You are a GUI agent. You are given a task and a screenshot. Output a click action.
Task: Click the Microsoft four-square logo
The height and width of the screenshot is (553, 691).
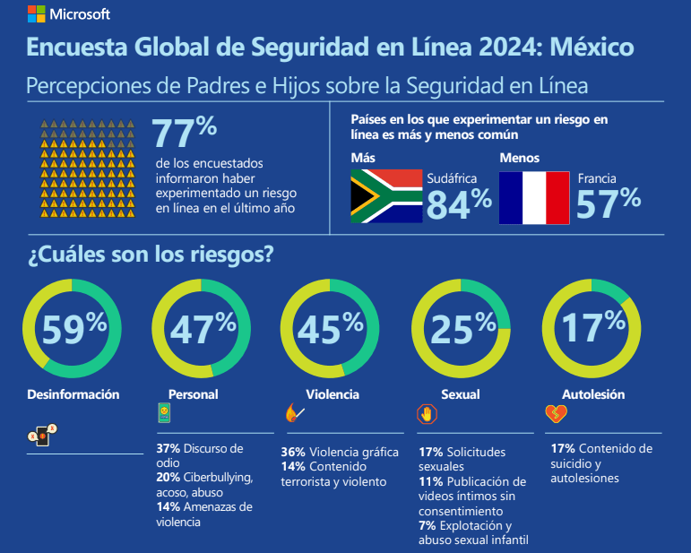click(36, 13)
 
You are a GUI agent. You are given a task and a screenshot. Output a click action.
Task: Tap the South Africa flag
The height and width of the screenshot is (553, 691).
click(386, 196)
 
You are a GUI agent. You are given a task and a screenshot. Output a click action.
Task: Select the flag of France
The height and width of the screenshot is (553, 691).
click(534, 198)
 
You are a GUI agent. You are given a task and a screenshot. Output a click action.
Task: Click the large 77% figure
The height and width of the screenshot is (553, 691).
click(185, 132)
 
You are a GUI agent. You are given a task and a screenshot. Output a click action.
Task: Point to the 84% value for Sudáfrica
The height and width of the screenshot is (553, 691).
click(459, 203)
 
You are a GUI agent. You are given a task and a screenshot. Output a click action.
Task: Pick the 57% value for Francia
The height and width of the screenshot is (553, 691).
click(609, 203)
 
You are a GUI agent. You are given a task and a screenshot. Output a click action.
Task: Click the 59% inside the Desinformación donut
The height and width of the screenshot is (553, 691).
click(74, 328)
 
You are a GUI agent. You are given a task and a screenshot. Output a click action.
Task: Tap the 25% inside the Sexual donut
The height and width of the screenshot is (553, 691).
click(463, 329)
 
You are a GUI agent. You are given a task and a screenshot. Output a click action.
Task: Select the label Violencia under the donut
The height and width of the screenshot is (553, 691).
click(333, 394)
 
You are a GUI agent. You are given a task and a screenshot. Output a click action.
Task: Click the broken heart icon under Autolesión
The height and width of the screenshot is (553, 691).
click(557, 414)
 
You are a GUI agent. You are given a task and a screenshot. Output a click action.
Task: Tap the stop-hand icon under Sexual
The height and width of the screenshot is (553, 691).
click(427, 414)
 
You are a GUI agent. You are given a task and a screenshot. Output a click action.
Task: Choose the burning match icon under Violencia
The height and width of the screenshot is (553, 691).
click(294, 413)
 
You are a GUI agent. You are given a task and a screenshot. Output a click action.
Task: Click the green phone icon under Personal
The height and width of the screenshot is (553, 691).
click(164, 413)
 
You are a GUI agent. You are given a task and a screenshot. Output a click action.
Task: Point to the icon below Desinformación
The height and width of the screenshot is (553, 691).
click(42, 435)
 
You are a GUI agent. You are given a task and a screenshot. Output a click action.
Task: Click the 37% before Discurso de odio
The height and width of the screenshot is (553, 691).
click(168, 448)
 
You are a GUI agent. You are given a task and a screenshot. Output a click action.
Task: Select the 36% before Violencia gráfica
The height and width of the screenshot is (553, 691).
click(293, 452)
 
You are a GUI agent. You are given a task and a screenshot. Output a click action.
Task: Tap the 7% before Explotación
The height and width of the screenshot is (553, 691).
click(427, 526)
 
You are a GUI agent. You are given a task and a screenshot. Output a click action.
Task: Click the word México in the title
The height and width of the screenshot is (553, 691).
click(592, 47)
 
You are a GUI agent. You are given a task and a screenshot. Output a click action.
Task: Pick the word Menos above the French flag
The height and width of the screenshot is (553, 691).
click(520, 158)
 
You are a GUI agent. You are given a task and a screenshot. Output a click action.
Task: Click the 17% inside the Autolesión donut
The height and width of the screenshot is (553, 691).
click(593, 326)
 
